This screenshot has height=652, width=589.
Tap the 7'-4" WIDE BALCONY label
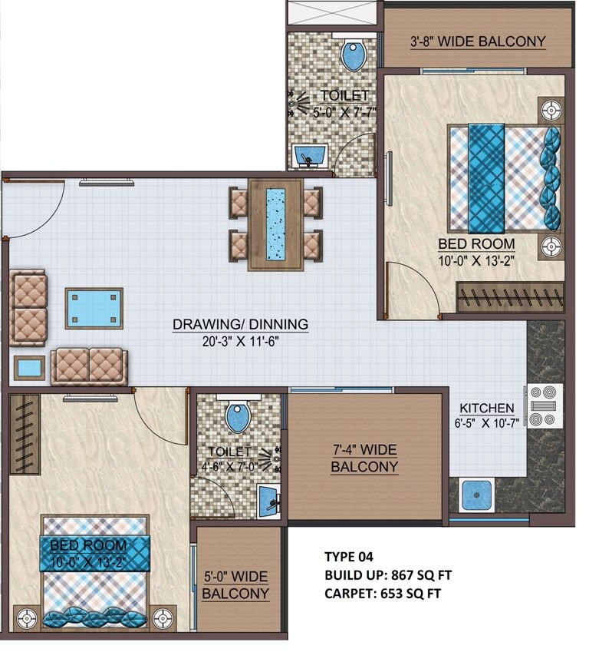tap(364, 458)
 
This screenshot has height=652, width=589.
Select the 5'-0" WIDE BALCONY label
tap(235, 584)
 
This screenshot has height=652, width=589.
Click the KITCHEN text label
tap(486, 408)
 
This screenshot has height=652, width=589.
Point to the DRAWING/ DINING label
tap(240, 324)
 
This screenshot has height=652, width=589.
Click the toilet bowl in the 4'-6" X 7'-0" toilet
tap(238, 418)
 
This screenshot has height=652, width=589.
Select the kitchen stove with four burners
tap(545, 405)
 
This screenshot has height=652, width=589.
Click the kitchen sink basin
tap(475, 495)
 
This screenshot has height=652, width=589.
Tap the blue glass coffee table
tap(94, 307)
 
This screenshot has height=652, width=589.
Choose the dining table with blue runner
tap(275, 224)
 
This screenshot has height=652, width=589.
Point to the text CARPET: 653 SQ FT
tap(383, 593)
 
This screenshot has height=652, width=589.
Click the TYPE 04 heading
tap(349, 557)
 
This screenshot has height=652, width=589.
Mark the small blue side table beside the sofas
tap(30, 367)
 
